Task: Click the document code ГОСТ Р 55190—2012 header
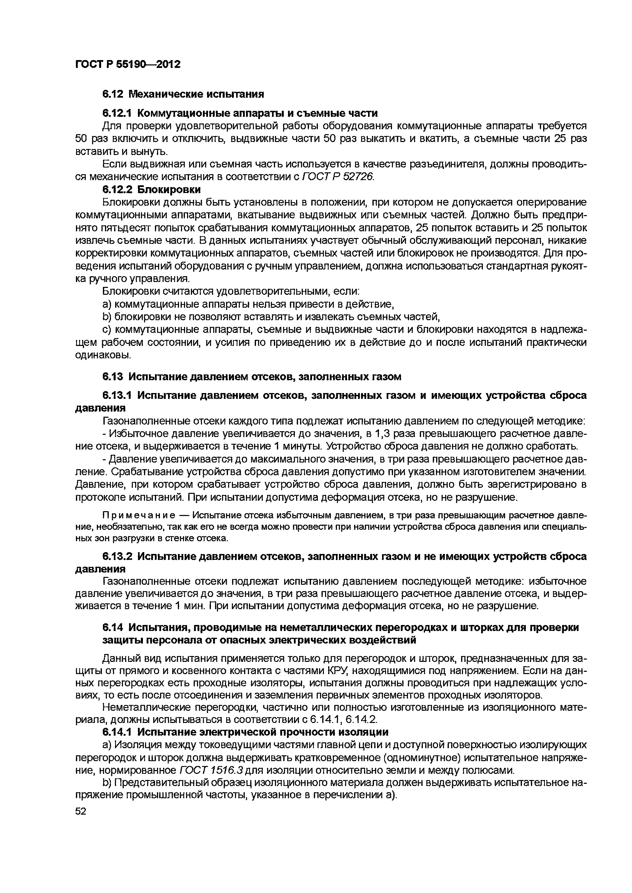[x=128, y=64]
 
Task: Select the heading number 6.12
[x=113, y=94]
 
